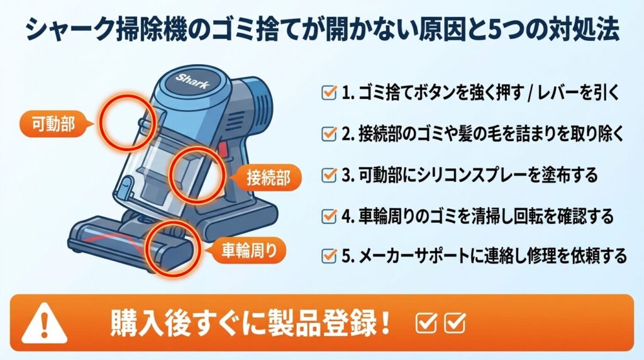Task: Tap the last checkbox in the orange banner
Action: (x=454, y=323)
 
